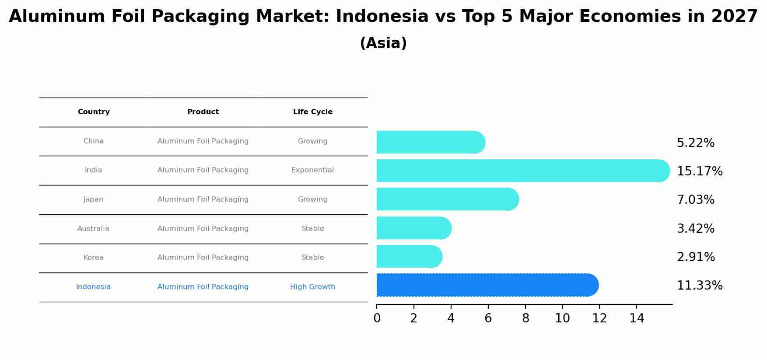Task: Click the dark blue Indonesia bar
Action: click(x=486, y=285)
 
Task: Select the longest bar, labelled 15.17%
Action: click(x=521, y=171)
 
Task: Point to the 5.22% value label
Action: click(x=695, y=143)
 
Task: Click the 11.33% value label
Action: click(x=699, y=286)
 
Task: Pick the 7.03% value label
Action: click(x=695, y=200)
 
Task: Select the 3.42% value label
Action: click(x=695, y=229)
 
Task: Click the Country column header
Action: click(x=94, y=112)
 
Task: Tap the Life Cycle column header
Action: click(x=312, y=112)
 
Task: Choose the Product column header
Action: click(x=203, y=112)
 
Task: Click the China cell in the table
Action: click(x=94, y=141)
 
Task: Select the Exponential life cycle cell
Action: click(x=312, y=170)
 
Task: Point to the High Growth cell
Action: click(x=312, y=287)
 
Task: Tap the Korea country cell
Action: click(x=94, y=258)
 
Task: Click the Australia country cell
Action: click(x=93, y=229)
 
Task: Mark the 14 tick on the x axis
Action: click(x=637, y=318)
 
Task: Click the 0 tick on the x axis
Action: click(x=377, y=318)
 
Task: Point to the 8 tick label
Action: click(x=525, y=318)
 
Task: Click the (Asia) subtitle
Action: click(x=383, y=43)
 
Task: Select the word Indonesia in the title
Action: click(x=382, y=17)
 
